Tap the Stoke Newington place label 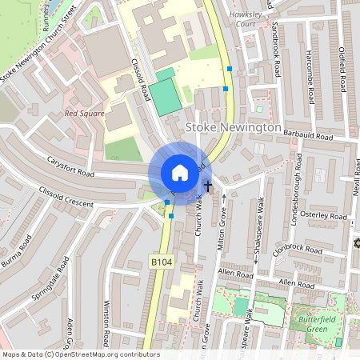click(233, 128)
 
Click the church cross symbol click(208, 186)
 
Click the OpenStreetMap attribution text click(80, 354)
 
